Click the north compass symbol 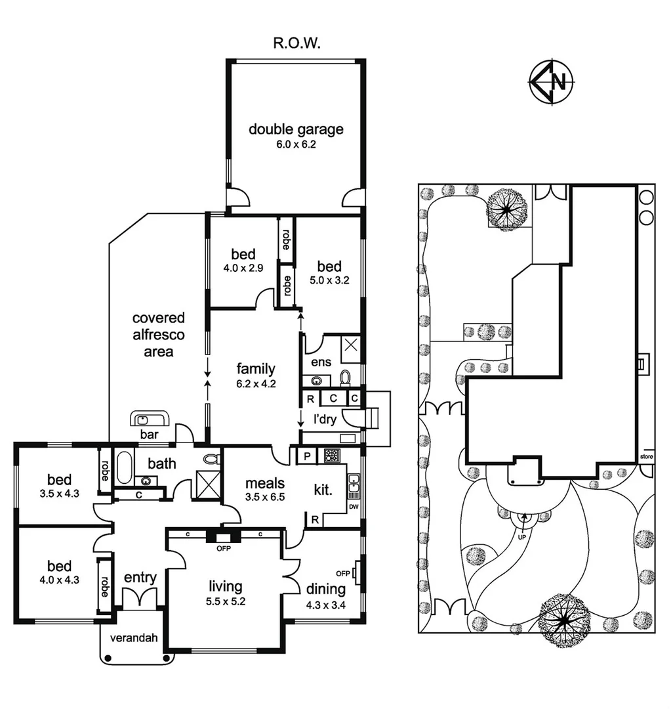(x=552, y=82)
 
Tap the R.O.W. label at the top (x=296, y=44)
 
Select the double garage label (x=296, y=129)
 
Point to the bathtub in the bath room (x=123, y=467)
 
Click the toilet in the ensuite (x=346, y=377)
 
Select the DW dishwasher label (x=354, y=507)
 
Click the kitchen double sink (x=354, y=484)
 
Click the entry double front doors (x=140, y=599)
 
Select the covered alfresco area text (x=159, y=335)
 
